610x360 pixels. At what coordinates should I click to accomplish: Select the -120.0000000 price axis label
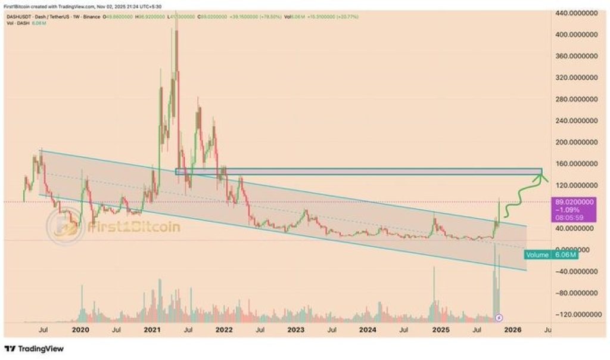click(x=577, y=314)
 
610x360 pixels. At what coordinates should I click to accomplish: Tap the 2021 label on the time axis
click(x=152, y=329)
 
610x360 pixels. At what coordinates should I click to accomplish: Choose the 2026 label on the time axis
click(x=512, y=329)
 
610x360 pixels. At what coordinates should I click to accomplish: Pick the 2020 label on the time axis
click(x=80, y=329)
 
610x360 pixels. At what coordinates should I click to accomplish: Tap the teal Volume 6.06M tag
click(x=552, y=255)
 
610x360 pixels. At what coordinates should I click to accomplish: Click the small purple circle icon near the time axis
click(x=499, y=318)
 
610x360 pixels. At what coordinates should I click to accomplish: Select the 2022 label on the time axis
click(x=224, y=329)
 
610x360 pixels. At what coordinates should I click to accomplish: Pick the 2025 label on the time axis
click(x=440, y=329)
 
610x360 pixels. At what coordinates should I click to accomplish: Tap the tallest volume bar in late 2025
click(x=494, y=280)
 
